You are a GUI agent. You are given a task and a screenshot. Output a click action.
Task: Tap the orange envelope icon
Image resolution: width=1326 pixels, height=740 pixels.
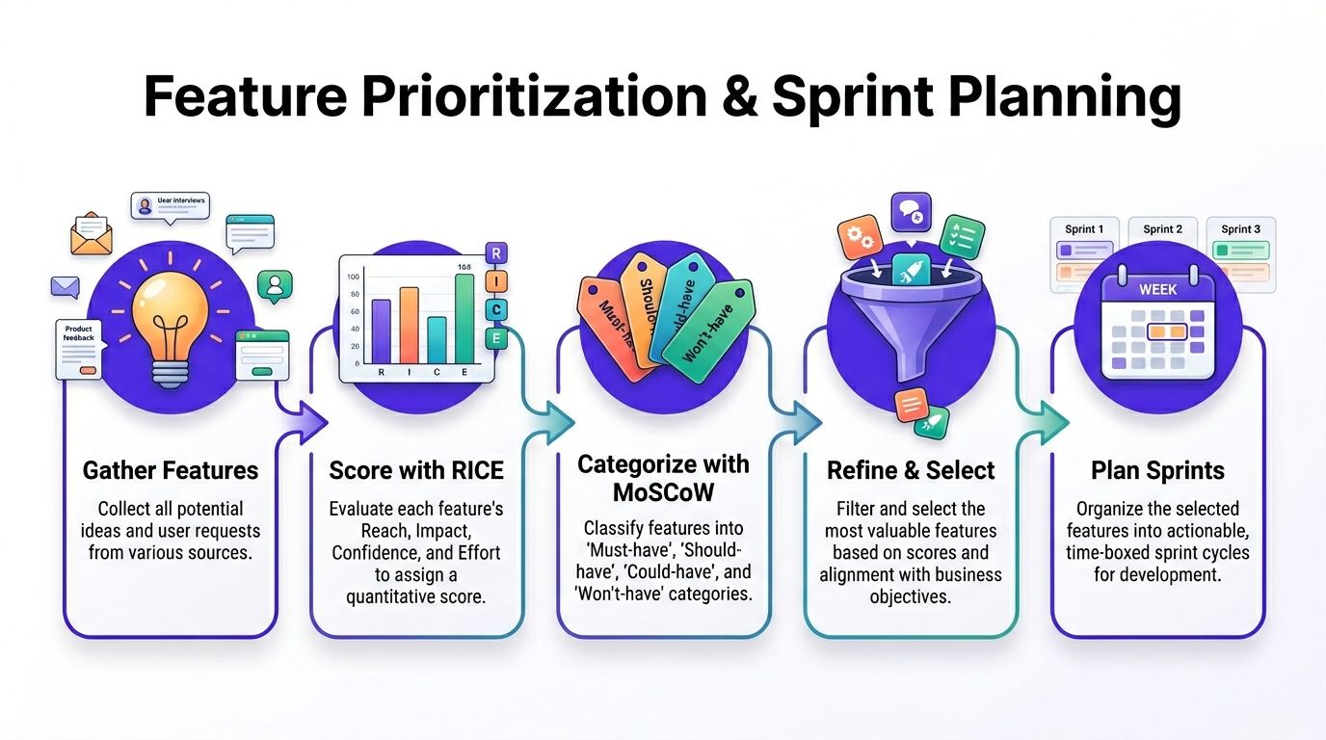(92, 233)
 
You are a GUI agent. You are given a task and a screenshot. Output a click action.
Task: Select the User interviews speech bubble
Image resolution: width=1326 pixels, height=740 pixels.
(171, 205)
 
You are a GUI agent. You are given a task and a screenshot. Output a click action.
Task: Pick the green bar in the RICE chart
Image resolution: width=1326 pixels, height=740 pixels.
(464, 316)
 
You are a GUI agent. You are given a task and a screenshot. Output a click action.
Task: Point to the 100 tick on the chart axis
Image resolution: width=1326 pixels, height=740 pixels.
(354, 277)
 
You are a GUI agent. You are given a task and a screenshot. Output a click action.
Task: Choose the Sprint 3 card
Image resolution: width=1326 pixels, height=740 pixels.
(1240, 253)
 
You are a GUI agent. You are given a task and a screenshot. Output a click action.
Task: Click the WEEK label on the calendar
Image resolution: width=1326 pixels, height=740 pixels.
(1157, 289)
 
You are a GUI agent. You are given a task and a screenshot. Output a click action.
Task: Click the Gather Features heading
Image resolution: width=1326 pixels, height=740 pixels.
(171, 470)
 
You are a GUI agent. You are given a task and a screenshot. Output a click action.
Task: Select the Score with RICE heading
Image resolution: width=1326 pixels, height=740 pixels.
(416, 470)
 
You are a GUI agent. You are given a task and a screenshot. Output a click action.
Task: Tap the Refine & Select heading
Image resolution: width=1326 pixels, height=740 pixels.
(911, 470)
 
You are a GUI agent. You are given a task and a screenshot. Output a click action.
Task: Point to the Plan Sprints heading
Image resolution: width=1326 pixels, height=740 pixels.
(1157, 470)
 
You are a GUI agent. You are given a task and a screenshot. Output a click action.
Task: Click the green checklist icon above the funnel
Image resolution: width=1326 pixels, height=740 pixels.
(962, 235)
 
